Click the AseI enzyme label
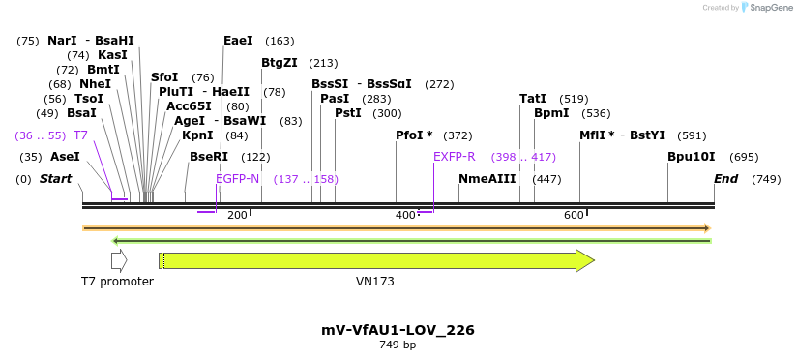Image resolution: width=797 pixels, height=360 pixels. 65,157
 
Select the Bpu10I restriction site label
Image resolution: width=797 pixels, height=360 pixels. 692,157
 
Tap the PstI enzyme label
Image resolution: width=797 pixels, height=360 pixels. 347,113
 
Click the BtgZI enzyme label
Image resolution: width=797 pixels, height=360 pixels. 280,63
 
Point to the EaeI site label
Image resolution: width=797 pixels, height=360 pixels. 238,41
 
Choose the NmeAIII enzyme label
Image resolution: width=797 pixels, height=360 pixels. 487,179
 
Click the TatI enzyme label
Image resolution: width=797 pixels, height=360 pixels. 533,99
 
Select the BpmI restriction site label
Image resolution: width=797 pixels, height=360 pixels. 550,113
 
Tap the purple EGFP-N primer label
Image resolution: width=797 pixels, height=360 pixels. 238,179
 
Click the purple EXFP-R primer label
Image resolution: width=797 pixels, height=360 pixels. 454,157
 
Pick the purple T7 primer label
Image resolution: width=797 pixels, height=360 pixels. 81,135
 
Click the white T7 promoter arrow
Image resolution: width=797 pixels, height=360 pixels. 119,260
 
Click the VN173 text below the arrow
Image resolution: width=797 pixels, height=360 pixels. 375,282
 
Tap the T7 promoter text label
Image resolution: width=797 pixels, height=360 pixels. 117,282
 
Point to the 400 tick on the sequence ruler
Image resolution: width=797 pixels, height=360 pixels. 405,215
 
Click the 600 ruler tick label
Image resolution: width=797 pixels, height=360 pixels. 573,215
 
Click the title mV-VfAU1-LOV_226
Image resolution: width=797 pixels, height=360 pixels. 398,330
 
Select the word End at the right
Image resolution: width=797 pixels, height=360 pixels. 725,179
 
